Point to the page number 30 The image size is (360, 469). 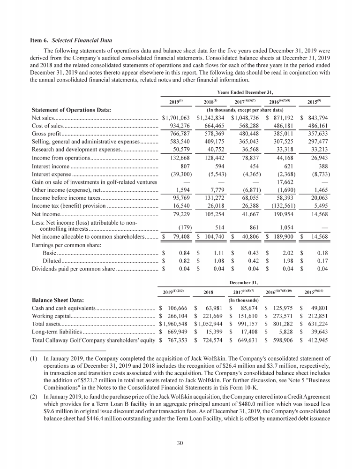coord(180,443)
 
